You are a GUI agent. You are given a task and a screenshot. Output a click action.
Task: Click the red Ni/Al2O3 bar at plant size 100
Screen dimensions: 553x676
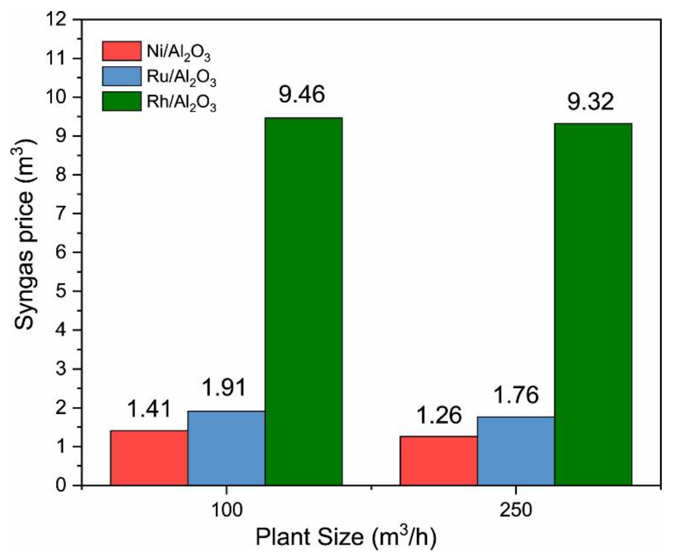[x=149, y=458]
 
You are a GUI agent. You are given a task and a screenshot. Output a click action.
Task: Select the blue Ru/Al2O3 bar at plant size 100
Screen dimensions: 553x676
[x=226, y=448]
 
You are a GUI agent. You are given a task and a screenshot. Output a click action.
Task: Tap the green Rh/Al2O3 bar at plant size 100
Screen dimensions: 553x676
[x=304, y=301]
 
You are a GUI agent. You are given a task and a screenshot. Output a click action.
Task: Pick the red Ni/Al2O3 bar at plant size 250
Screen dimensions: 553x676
[x=439, y=461]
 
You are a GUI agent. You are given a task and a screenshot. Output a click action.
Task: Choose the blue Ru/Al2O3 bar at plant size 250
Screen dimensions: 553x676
[x=516, y=451]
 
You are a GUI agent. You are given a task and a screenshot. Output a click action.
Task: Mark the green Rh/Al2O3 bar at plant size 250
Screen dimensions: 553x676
[x=593, y=304]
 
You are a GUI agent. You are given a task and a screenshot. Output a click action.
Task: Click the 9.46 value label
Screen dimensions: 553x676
[x=301, y=95]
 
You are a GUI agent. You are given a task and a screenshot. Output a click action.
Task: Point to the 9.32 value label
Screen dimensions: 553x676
[x=591, y=102]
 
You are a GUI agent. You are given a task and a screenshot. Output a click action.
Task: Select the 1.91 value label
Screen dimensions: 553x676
[x=224, y=388]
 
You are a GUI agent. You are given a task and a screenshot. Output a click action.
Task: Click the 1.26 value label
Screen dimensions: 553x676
[x=439, y=415]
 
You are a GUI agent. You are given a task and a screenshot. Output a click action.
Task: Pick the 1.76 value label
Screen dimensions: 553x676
[x=516, y=395]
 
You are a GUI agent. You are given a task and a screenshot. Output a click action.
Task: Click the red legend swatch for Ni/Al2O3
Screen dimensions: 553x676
[x=121, y=51]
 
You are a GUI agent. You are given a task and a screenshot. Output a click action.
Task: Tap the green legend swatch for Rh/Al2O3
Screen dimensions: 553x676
[x=121, y=101]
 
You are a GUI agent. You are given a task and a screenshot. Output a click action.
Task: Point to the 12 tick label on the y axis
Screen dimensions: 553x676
[x=57, y=20]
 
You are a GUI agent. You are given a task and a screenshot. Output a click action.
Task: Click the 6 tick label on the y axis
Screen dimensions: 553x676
[x=62, y=253]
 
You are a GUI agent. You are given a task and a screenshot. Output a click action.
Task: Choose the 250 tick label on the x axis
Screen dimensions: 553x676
[x=516, y=510]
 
